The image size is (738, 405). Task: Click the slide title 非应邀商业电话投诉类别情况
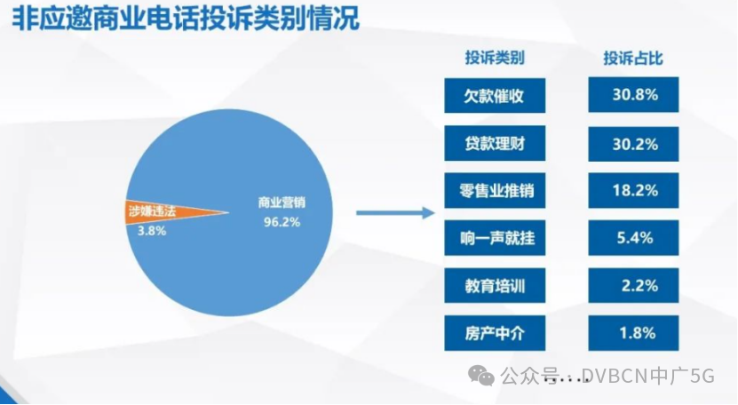[x=186, y=20]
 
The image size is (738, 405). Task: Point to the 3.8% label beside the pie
[x=152, y=231]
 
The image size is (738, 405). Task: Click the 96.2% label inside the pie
[x=282, y=222]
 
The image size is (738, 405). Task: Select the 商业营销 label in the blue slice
[x=282, y=202]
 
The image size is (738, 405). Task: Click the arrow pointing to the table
[x=395, y=213]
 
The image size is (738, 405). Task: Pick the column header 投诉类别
[x=495, y=58]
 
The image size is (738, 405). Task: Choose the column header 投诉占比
[x=633, y=58]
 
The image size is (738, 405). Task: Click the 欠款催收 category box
[x=495, y=96]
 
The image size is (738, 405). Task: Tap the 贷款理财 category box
[x=495, y=143]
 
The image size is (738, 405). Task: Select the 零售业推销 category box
[x=495, y=191]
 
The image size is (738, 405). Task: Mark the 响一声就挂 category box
[x=495, y=238]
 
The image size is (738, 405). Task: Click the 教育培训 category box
[x=495, y=285]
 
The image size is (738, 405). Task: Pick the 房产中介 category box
[x=495, y=333]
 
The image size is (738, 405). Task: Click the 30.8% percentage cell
[x=633, y=95]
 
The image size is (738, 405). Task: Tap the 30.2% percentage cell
[x=633, y=144]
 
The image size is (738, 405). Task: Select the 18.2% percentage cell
[x=633, y=190]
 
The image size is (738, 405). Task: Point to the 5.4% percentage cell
[x=633, y=238]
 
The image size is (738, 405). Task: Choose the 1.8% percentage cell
[x=633, y=333]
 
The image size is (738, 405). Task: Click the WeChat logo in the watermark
[x=480, y=377]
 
